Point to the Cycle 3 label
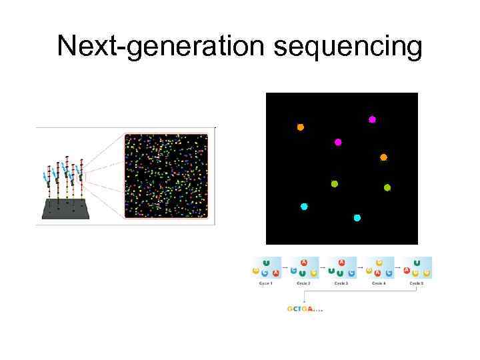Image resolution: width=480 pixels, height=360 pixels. (x=341, y=283)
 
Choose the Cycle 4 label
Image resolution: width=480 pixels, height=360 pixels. (x=379, y=283)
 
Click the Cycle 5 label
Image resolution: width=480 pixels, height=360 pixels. (x=417, y=283)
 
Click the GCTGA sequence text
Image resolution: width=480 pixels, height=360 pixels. (x=303, y=309)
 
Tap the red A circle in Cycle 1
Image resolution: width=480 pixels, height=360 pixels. (x=275, y=272)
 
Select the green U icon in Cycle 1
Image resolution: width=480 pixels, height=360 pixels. (x=267, y=263)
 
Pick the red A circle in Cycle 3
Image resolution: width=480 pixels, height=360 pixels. (x=342, y=263)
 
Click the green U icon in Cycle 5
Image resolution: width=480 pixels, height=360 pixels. (x=417, y=263)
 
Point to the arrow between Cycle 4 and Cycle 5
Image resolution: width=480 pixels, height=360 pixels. (x=398, y=268)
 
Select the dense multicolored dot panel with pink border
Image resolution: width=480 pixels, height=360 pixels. (x=166, y=176)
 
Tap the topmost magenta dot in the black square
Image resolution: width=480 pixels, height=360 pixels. (x=372, y=120)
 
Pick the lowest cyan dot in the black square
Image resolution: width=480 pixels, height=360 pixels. (x=357, y=218)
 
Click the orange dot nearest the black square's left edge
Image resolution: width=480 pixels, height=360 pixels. (x=300, y=127)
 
